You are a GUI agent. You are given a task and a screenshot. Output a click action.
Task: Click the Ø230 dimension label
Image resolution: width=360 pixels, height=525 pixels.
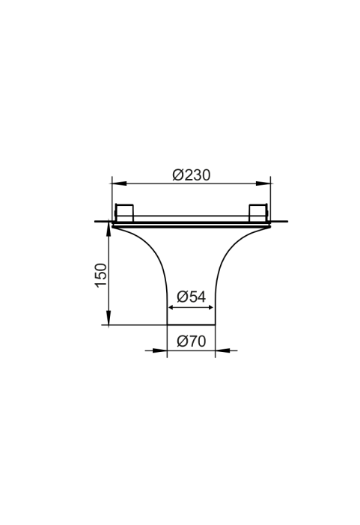click(x=192, y=175)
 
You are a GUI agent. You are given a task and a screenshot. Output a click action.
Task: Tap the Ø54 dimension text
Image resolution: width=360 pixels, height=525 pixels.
click(x=192, y=297)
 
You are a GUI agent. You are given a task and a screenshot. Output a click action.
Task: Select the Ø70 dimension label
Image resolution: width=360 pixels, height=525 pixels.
click(x=192, y=342)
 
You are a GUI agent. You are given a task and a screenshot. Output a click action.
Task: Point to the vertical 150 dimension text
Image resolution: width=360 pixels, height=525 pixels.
click(x=101, y=275)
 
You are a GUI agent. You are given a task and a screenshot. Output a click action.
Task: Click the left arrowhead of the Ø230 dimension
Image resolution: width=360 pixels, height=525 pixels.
click(x=120, y=183)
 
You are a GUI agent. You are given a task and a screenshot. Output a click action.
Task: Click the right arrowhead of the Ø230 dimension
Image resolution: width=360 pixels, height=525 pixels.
click(x=263, y=183)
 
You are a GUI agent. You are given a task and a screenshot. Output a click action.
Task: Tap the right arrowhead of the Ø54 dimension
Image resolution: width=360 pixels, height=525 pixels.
click(x=209, y=307)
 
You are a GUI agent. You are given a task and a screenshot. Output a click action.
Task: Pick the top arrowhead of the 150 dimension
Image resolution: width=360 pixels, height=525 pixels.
click(x=109, y=229)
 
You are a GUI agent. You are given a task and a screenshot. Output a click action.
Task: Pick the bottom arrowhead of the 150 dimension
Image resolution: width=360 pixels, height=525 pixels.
click(x=109, y=318)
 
